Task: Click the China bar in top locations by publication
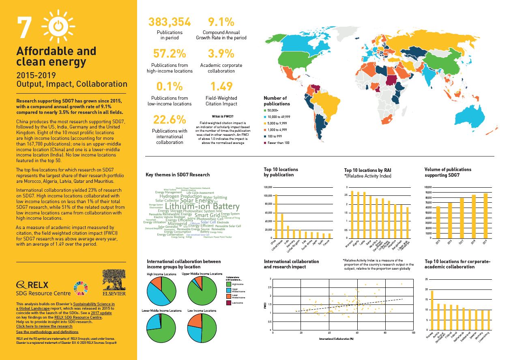[x=276, y=216]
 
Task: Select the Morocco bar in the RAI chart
[x=352, y=214]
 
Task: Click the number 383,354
[x=170, y=22]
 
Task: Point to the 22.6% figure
[x=170, y=120]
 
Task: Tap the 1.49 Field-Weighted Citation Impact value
[x=221, y=86]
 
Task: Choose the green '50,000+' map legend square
[x=265, y=110]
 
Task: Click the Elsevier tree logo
[x=114, y=283]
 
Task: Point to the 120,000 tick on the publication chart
[x=267, y=187]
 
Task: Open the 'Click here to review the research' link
[x=44, y=326]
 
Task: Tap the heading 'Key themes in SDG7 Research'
[x=178, y=175]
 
